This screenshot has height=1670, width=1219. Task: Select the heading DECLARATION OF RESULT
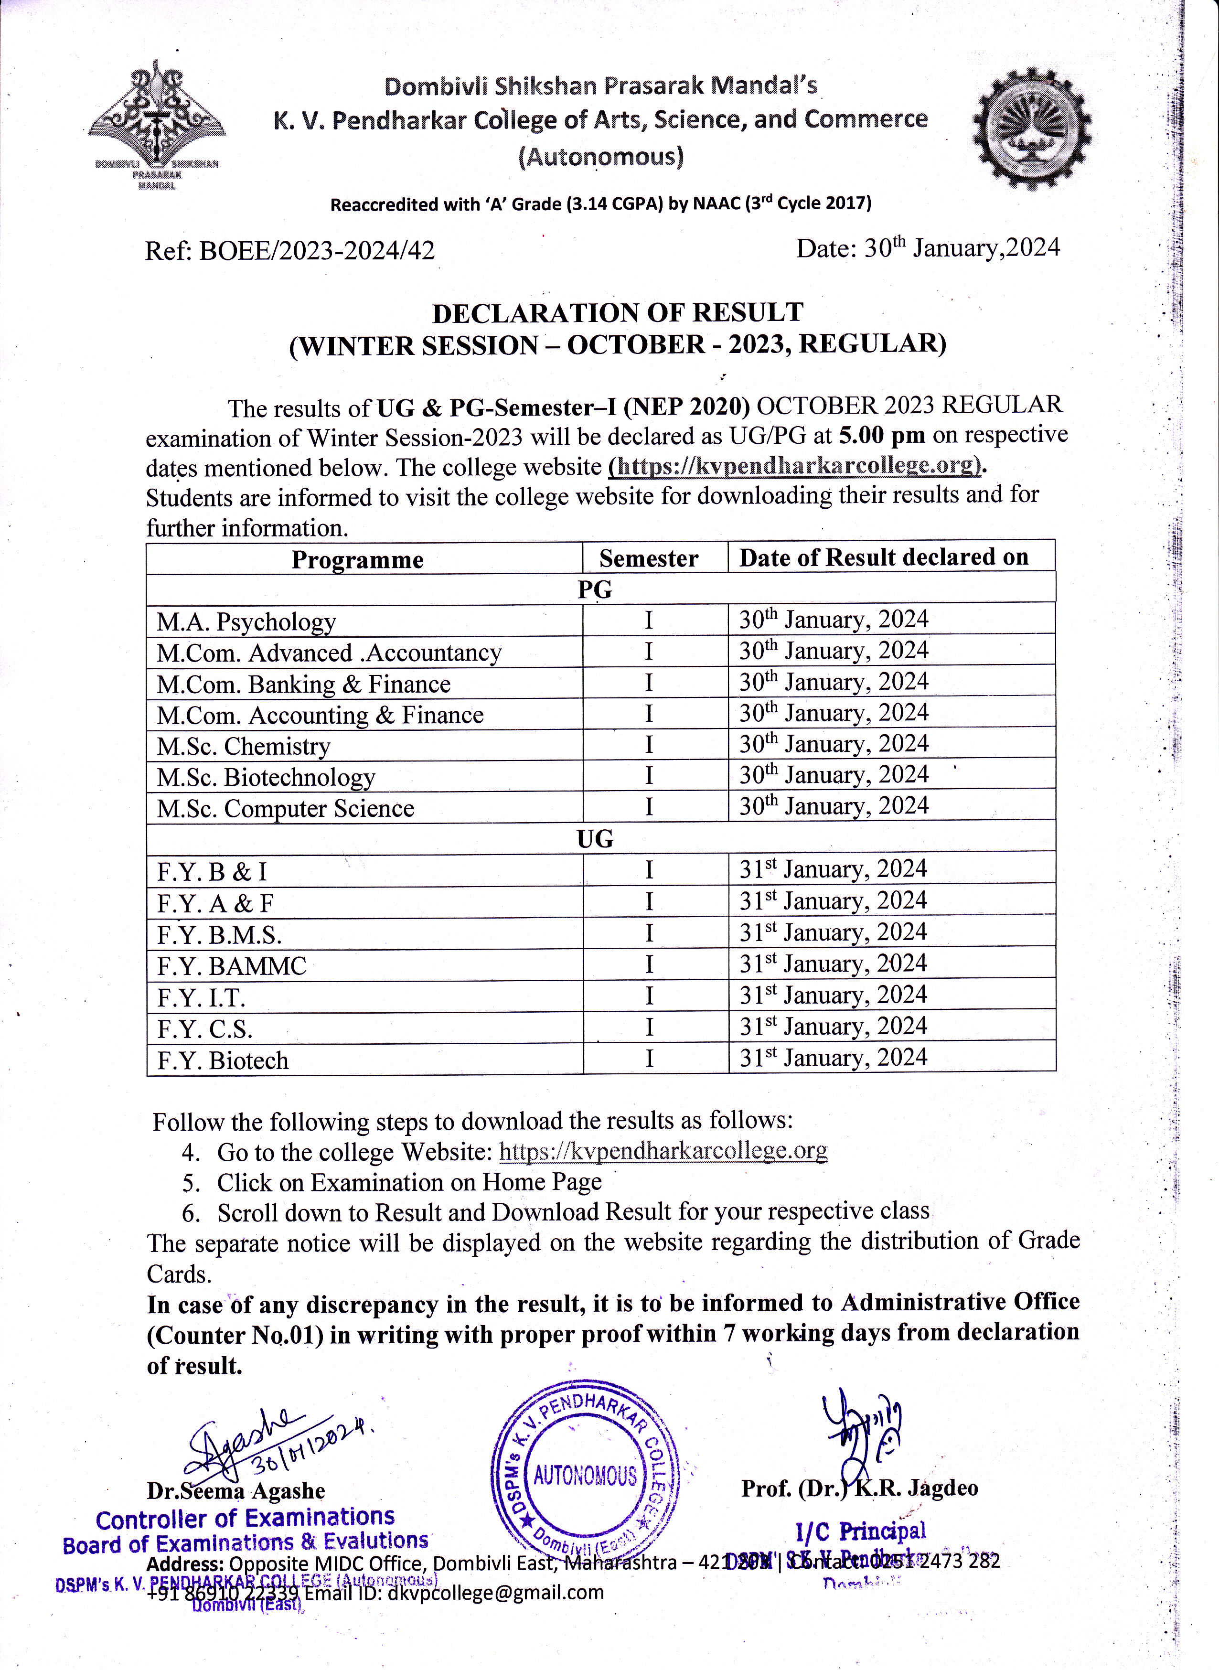(x=618, y=313)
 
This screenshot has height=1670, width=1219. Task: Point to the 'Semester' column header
(x=649, y=558)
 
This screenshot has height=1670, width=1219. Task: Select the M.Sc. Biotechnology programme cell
(x=266, y=778)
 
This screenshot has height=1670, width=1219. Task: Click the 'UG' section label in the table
(x=595, y=839)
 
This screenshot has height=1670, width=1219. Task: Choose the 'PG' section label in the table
(x=595, y=589)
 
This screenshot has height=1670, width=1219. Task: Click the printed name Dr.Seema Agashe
(x=236, y=1491)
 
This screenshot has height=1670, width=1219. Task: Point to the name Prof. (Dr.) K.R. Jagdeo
(x=860, y=1488)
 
